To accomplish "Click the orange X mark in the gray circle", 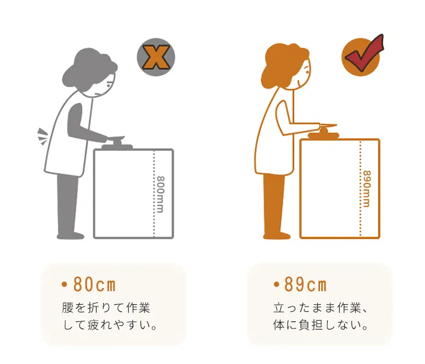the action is [156, 57].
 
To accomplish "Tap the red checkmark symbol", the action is [363, 54].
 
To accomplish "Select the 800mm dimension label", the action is [161, 194].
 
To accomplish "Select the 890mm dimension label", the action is [367, 189].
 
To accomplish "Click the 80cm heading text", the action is [94, 285].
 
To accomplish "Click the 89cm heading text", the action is [305, 285].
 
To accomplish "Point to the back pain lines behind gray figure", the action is [42, 136].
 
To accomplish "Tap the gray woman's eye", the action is [108, 85].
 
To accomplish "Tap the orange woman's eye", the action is [307, 72].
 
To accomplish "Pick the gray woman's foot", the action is [71, 235].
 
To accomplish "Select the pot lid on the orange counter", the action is [324, 133].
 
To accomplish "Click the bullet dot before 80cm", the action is [64, 285].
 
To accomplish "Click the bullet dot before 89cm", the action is [276, 285].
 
